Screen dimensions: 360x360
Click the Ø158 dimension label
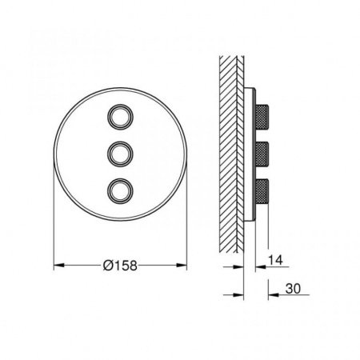coord(120,266)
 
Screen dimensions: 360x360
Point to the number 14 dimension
coord(275,260)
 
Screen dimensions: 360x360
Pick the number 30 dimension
coord(293,289)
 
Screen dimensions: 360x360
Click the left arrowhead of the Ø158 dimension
coord(59,266)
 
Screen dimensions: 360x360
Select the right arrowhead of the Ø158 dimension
coord(182,266)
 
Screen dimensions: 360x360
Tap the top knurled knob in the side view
coord(262,117)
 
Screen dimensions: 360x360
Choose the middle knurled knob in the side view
coord(262,154)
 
